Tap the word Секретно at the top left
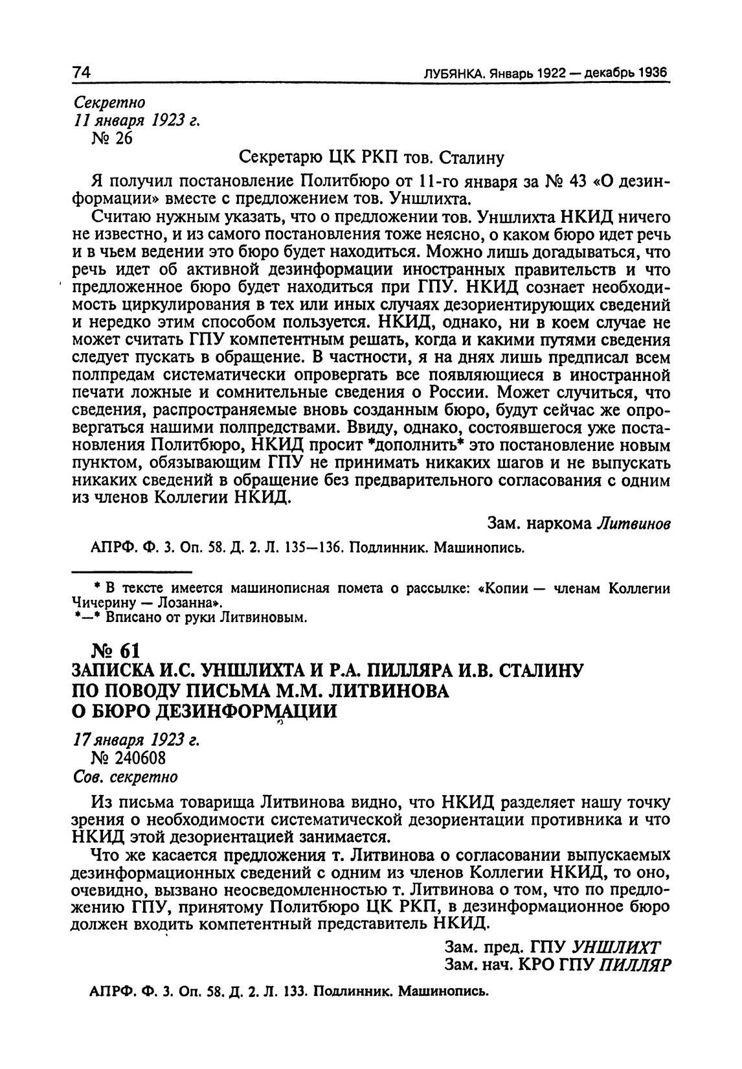click(109, 102)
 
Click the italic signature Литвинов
click(632, 524)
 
